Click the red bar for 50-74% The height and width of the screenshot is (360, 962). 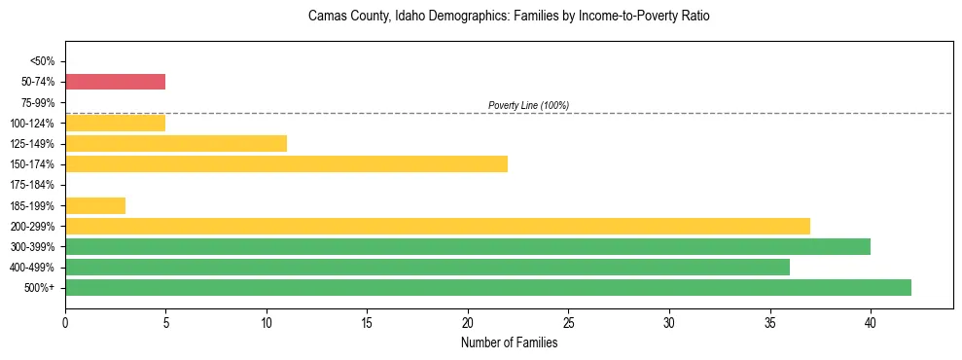(115, 82)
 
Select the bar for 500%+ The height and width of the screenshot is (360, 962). (487, 287)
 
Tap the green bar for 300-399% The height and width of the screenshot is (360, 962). (467, 246)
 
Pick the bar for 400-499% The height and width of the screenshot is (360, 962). (427, 267)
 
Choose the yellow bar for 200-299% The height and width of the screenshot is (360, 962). (437, 226)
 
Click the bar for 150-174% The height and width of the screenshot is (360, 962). (286, 163)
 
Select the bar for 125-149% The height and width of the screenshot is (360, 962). (175, 143)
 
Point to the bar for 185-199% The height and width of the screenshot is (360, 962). (95, 205)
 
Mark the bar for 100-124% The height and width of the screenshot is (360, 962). (115, 123)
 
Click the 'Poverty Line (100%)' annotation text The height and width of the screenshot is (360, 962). (528, 105)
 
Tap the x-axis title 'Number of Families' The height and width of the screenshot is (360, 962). (509, 342)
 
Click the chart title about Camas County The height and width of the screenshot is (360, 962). (509, 17)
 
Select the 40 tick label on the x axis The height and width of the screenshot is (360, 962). (871, 321)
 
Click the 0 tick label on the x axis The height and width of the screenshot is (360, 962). (65, 321)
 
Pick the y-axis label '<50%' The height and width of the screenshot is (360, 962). (42, 61)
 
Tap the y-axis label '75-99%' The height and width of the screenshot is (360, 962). (38, 102)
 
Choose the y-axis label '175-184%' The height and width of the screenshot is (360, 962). (34, 185)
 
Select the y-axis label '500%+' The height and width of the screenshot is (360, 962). (40, 288)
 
